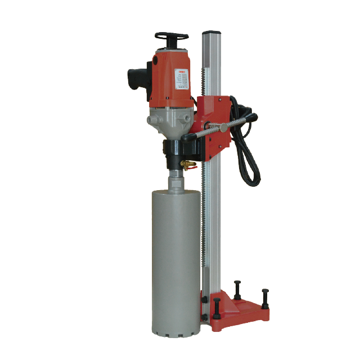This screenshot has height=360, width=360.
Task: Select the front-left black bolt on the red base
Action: [x=216, y=307]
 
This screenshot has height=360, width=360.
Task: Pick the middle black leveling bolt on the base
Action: [x=237, y=287]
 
